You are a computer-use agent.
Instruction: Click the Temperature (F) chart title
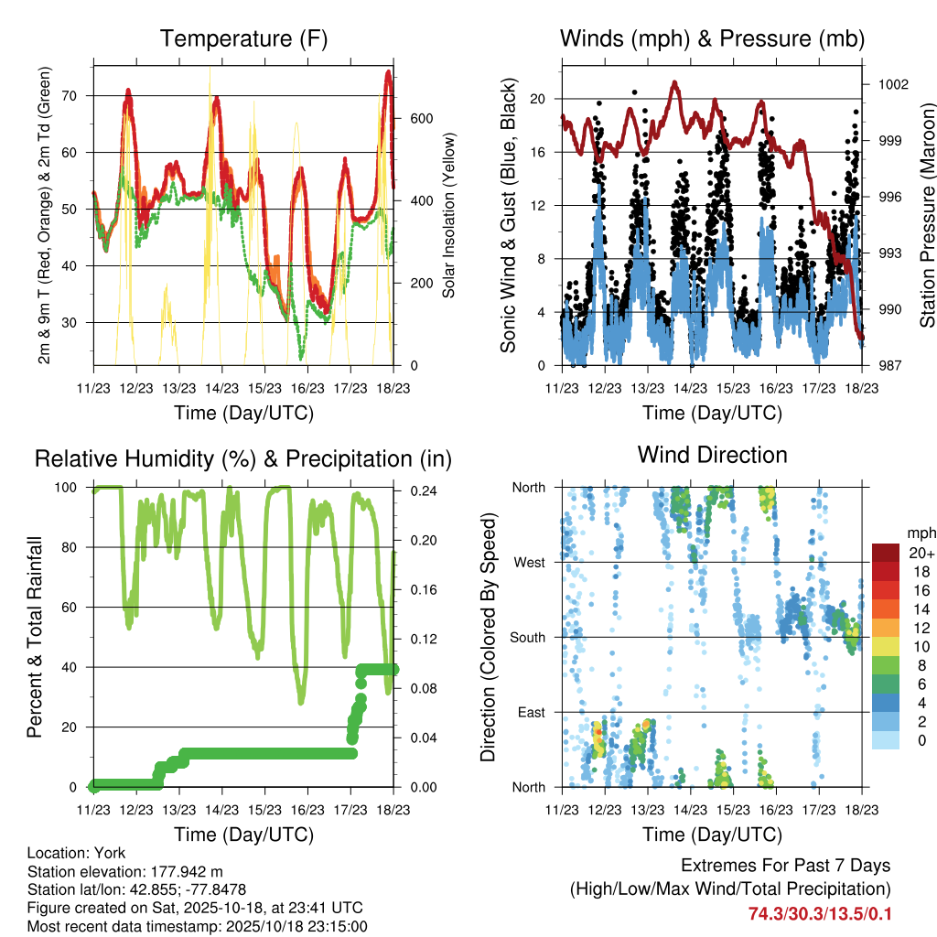(243, 38)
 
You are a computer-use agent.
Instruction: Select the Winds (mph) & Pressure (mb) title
(712, 38)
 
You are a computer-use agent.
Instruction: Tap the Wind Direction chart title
(712, 455)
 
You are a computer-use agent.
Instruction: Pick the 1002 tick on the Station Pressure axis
(892, 84)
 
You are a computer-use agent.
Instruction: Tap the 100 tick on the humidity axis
(71, 488)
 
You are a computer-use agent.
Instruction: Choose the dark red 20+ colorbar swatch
(886, 553)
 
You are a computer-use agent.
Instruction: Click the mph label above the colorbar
(920, 533)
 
